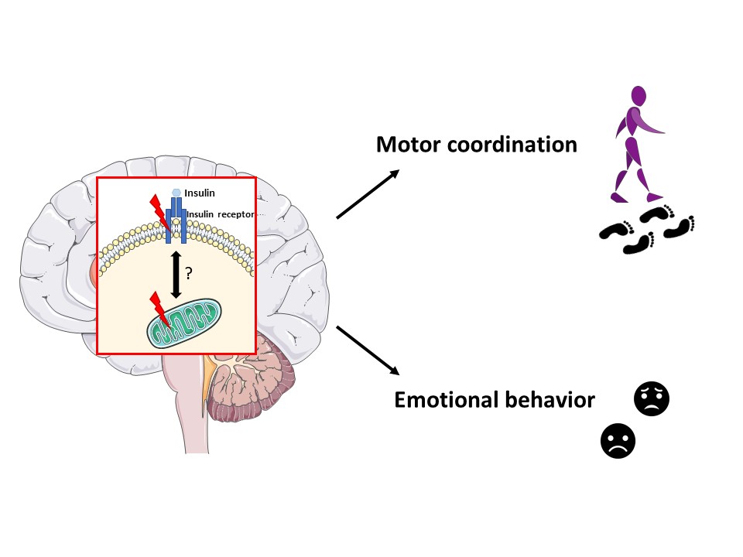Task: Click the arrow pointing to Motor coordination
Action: coord(368,194)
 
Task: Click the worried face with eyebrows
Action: coord(652,398)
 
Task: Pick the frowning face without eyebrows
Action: coord(618,442)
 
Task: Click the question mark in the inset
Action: coord(189,273)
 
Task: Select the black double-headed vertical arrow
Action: coord(176,274)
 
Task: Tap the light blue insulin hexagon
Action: coord(176,193)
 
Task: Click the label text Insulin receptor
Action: coord(220,214)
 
